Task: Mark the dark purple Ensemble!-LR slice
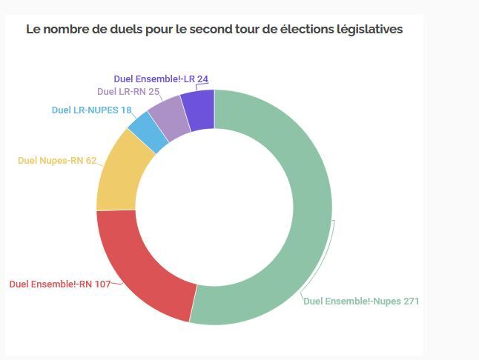(x=199, y=108)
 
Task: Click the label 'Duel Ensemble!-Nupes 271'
(x=361, y=301)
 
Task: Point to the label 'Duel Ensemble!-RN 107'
(x=60, y=284)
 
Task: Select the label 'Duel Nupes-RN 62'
(x=57, y=160)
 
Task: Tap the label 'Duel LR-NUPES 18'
(x=91, y=110)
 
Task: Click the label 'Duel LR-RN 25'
(x=128, y=93)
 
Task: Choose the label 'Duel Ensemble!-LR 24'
(x=160, y=79)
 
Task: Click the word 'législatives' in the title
(x=368, y=30)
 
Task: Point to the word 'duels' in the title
(x=142, y=30)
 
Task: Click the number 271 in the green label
(x=411, y=301)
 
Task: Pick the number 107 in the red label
(x=102, y=284)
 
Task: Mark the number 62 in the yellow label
(x=90, y=160)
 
